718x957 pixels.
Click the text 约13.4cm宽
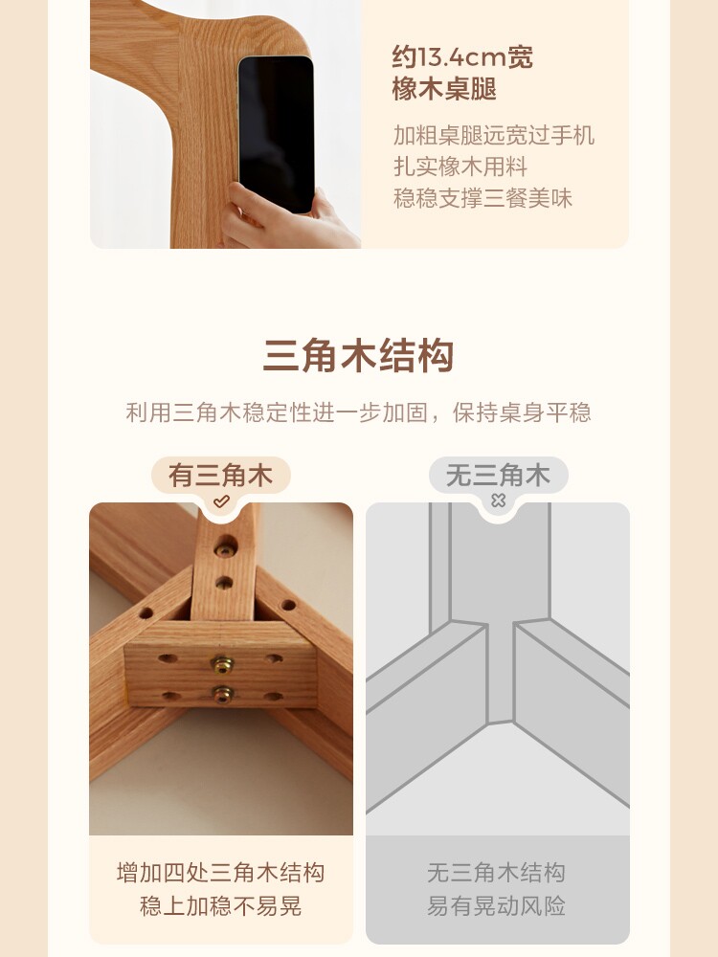click(x=462, y=57)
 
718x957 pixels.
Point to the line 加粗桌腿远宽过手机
click(x=494, y=135)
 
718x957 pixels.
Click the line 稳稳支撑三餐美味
click(x=482, y=198)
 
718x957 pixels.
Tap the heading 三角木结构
click(x=358, y=356)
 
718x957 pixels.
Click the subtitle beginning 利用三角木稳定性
click(x=358, y=412)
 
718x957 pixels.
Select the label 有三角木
click(x=220, y=475)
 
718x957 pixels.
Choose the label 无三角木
click(x=498, y=475)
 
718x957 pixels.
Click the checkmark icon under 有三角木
click(x=221, y=501)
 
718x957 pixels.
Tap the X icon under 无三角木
click(x=498, y=501)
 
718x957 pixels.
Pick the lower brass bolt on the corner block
click(x=223, y=694)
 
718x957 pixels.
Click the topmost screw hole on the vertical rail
click(x=227, y=547)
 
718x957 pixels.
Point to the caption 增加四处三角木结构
click(x=220, y=873)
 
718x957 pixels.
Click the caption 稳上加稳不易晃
click(x=220, y=905)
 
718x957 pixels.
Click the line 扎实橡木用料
click(x=460, y=167)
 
